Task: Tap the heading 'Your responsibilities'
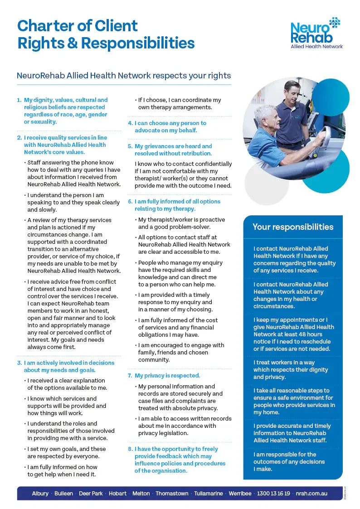point(292,227)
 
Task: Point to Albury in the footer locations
point(40,494)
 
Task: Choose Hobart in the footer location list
point(117,494)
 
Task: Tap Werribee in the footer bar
point(240,494)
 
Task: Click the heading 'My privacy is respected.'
point(167,376)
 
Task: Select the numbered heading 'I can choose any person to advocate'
point(170,126)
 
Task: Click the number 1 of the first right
point(19,100)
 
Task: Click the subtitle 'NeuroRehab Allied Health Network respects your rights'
point(124,76)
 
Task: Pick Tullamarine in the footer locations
point(209,494)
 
